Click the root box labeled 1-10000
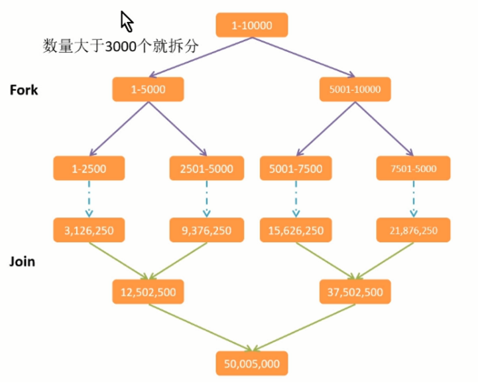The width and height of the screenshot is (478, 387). [x=252, y=25]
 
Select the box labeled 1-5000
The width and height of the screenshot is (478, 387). [x=148, y=89]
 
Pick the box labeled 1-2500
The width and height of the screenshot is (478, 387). [x=89, y=168]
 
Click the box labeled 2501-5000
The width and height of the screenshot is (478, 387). [x=206, y=168]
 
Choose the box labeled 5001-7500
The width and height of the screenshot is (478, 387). [x=296, y=168]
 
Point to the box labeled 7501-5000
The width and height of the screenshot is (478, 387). [x=413, y=168]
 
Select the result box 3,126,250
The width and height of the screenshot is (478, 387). [x=89, y=230]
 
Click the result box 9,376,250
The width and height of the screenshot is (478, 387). [x=206, y=230]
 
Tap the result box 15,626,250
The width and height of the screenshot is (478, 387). [x=296, y=230]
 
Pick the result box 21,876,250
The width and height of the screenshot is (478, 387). [x=413, y=230]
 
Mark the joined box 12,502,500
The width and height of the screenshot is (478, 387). [x=148, y=291]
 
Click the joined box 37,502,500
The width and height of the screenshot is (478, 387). [x=355, y=291]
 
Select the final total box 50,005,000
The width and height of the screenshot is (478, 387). [x=252, y=363]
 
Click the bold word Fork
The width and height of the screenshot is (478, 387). [x=24, y=90]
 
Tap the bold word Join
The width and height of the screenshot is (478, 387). [x=22, y=262]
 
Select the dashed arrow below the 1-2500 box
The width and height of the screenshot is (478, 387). [x=89, y=199]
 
